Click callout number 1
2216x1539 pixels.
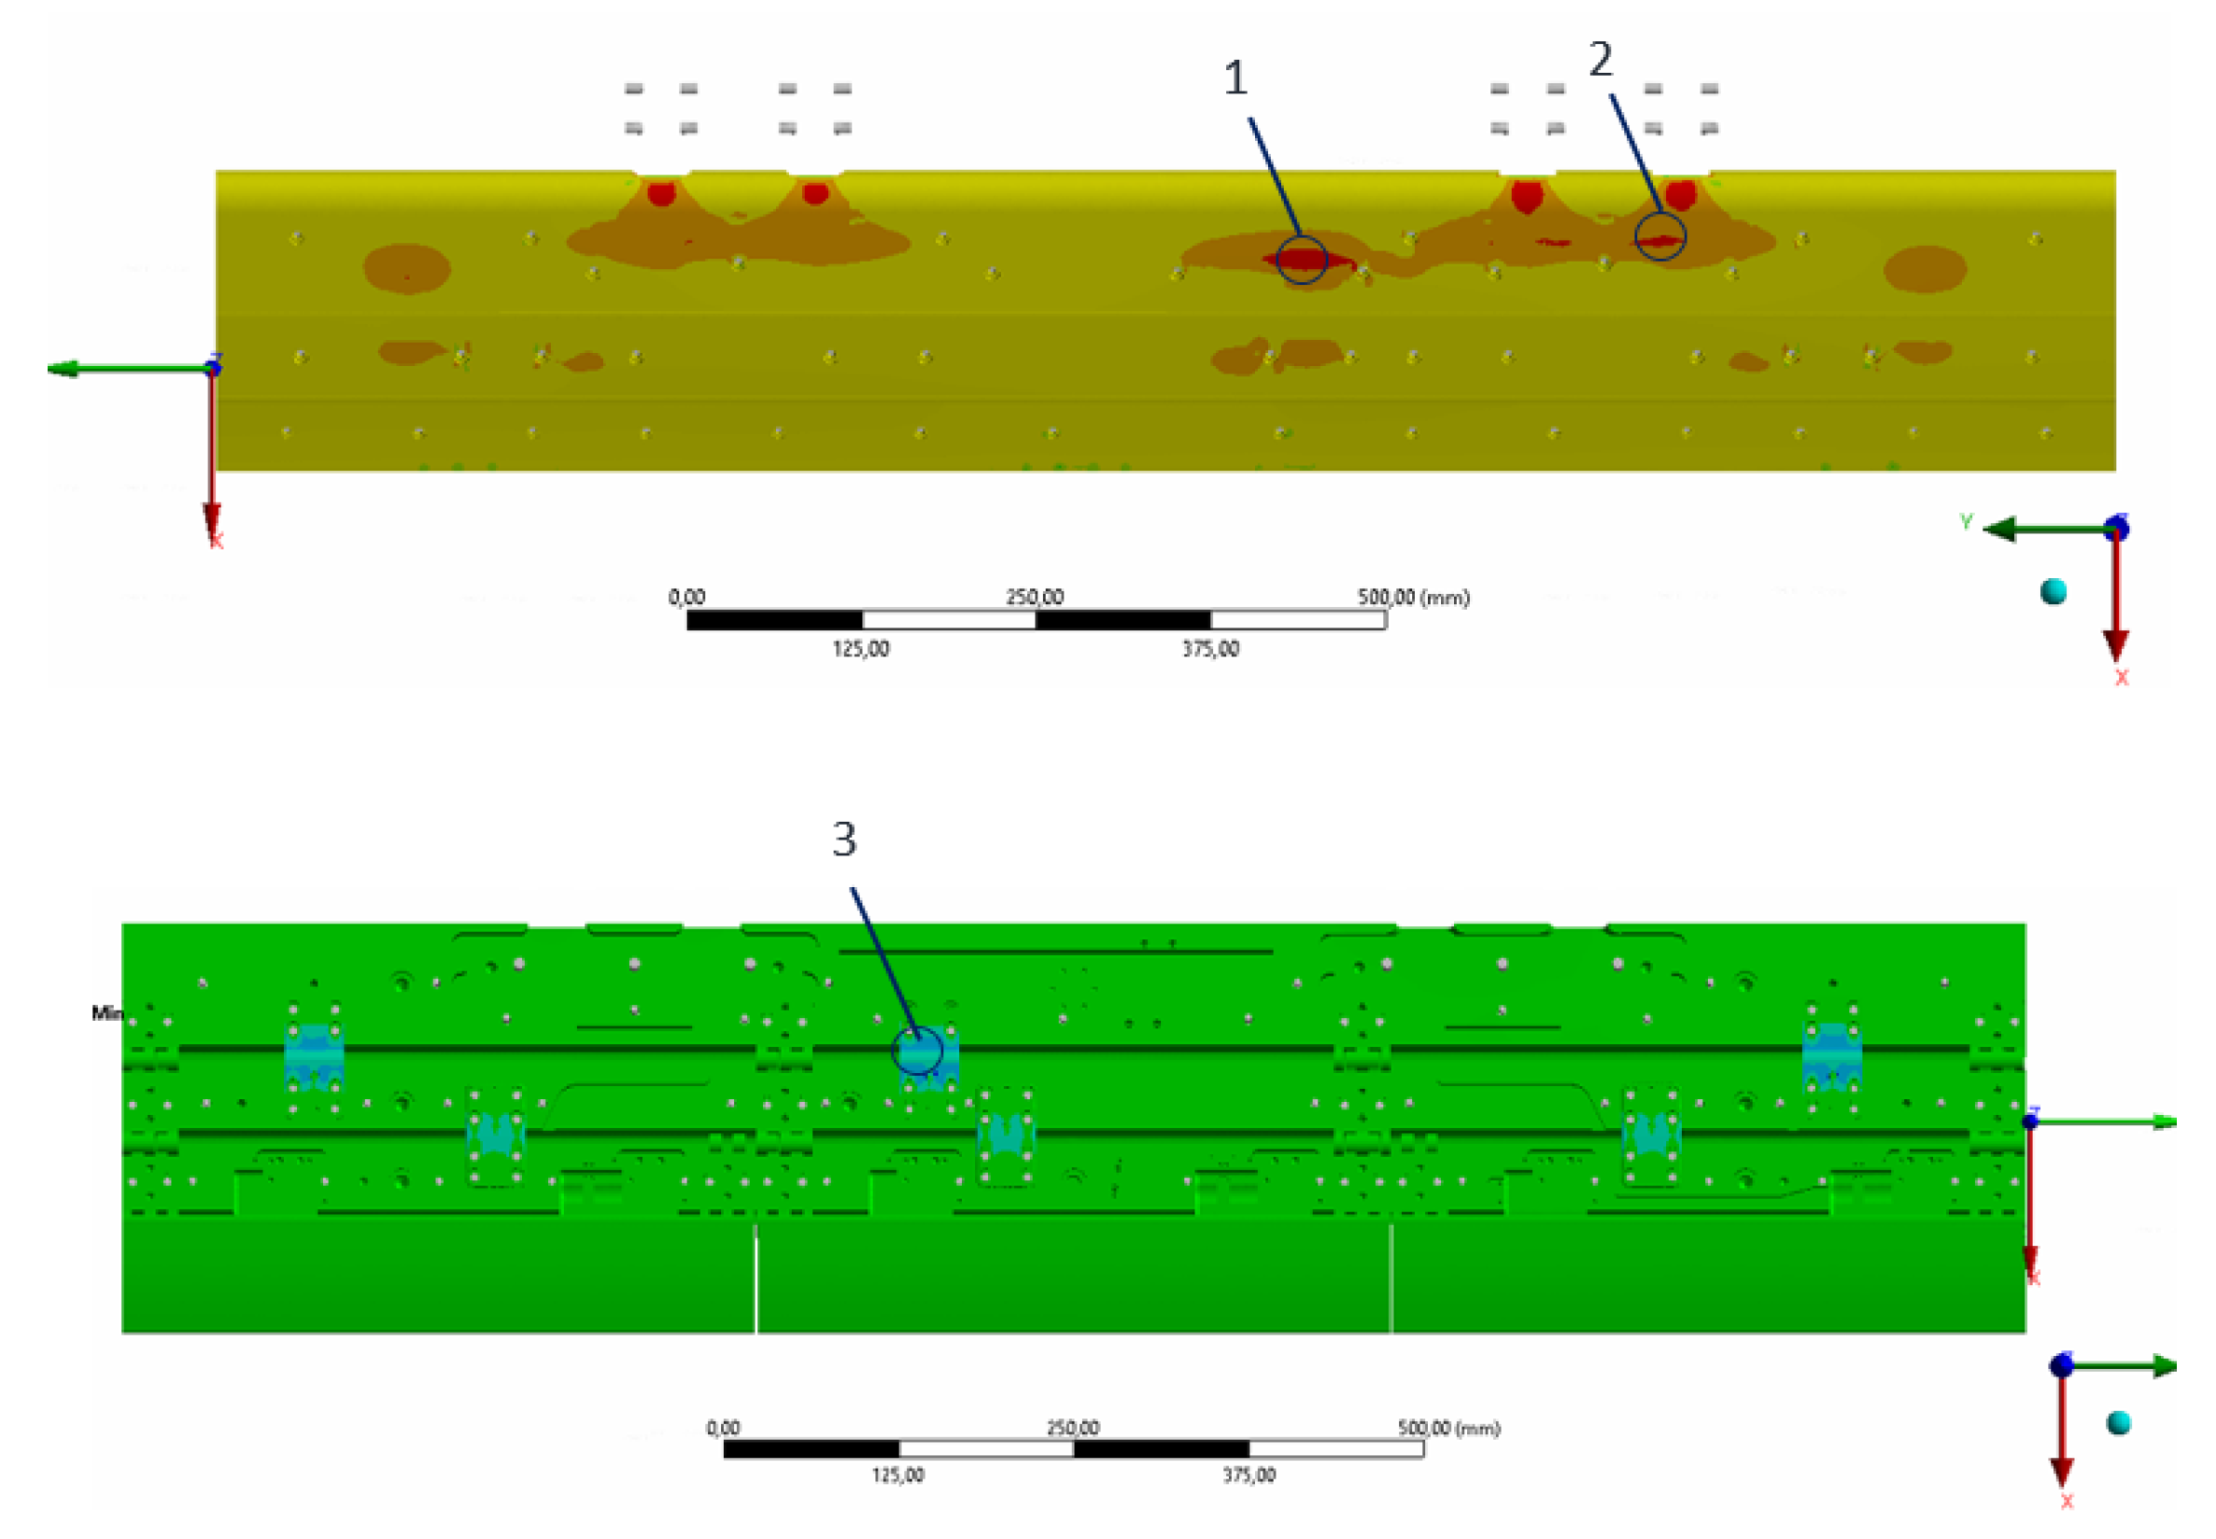tap(1235, 78)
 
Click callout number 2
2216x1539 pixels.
tap(1599, 61)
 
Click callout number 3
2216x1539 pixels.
tap(844, 839)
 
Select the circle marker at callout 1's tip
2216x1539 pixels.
tap(1301, 260)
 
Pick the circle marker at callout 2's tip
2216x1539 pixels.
tap(1659, 236)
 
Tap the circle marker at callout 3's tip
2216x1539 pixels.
tap(916, 1050)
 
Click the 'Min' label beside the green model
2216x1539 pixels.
tap(107, 1012)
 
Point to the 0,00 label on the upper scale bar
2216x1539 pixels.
tap(686, 598)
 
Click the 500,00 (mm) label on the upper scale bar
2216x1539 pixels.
tap(1413, 598)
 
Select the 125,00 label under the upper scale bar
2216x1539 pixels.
tap(860, 649)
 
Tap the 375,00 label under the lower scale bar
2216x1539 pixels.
tap(1249, 1475)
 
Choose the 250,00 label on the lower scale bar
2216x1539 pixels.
tap(1072, 1427)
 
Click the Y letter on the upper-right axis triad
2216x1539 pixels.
tap(1967, 522)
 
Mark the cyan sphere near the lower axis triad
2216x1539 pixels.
tap(2119, 1423)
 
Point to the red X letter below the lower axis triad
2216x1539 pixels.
tap(2067, 1502)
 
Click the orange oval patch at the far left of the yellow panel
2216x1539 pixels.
tap(406, 267)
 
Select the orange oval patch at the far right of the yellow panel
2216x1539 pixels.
tap(1925, 268)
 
